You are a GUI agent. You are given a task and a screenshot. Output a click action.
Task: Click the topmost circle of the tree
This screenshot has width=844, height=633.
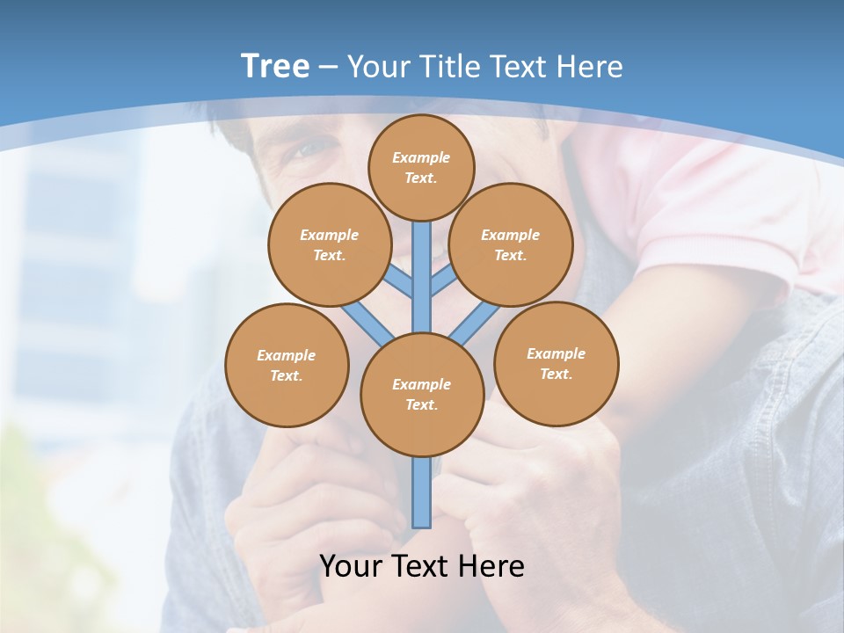421,167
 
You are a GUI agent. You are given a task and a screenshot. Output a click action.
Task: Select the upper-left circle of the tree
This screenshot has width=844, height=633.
329,244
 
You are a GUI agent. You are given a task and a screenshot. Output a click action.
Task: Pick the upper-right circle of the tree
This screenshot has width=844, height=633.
511,244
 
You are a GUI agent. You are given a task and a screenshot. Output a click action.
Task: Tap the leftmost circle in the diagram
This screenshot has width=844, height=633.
287,365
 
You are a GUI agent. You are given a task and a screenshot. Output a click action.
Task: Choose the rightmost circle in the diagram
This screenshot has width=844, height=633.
557,363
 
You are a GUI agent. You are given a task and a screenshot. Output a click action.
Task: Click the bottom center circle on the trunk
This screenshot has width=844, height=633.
422,395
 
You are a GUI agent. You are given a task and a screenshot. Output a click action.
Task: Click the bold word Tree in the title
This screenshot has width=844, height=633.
275,66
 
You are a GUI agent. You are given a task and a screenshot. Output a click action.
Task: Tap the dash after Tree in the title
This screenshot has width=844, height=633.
328,67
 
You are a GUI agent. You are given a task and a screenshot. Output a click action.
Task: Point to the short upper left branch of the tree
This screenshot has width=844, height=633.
401,281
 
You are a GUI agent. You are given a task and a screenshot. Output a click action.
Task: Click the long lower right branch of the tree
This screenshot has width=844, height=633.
475,324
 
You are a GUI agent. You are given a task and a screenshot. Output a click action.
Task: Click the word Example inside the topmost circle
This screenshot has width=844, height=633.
421,157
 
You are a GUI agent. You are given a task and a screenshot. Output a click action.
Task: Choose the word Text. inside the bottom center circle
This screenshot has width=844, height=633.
421,404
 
